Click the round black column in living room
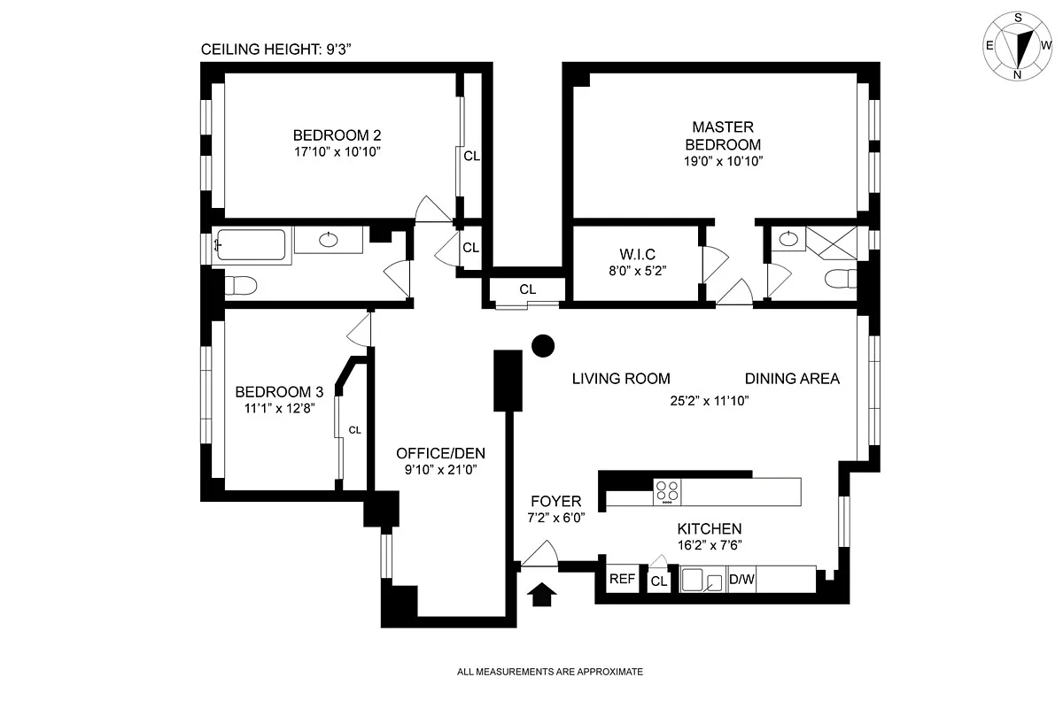[542, 347]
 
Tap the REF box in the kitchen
[622, 581]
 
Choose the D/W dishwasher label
[741, 581]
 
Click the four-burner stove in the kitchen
[667, 492]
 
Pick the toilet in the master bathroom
[840, 281]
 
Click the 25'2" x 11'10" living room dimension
[710, 399]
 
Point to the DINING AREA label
[791, 379]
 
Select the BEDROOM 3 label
[278, 392]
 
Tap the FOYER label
[555, 501]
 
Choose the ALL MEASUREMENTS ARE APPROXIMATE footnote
[549, 672]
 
